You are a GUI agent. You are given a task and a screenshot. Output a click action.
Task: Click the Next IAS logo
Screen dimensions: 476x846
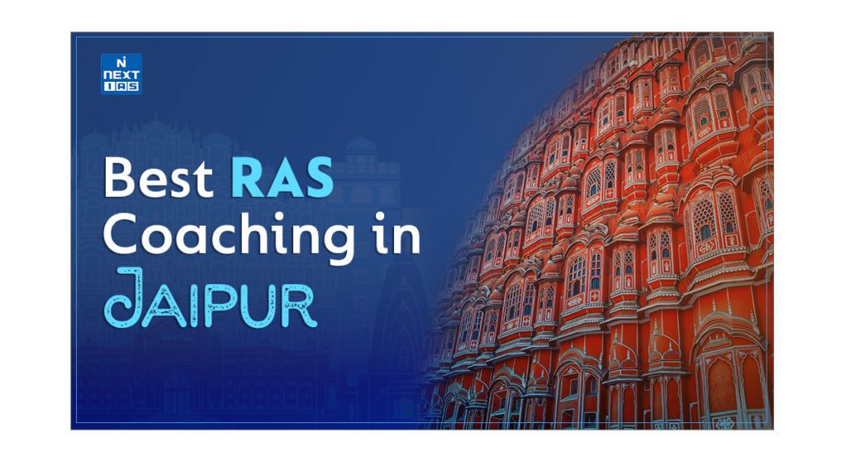pos(121,74)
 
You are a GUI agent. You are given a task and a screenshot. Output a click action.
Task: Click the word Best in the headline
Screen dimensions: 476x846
pos(158,177)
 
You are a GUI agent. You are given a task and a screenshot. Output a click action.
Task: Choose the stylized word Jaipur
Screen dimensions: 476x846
pos(211,297)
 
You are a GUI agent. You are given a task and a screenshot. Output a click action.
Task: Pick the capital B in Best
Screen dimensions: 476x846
pos(118,177)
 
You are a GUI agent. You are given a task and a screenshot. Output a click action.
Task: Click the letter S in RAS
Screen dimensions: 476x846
pos(319,177)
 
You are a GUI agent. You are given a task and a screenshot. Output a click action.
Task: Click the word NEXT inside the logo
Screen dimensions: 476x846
pos(121,74)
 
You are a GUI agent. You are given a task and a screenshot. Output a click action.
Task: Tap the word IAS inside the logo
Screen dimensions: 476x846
pos(121,85)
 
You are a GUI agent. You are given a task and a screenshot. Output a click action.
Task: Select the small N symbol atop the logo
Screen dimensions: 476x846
pos(121,61)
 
